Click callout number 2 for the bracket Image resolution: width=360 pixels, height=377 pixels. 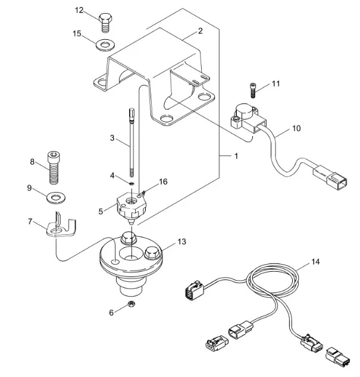point(200,30)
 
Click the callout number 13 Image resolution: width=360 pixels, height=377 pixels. point(181,242)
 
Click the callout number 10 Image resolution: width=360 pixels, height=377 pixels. point(296,128)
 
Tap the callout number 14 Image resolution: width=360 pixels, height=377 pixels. point(315,262)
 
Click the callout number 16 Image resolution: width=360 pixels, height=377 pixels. point(163,181)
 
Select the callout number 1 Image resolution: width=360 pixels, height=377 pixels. point(236,156)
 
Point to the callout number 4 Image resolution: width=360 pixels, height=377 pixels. point(112,175)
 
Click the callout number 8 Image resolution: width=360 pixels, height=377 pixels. point(33,161)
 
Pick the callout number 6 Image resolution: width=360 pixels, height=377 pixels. point(111,312)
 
